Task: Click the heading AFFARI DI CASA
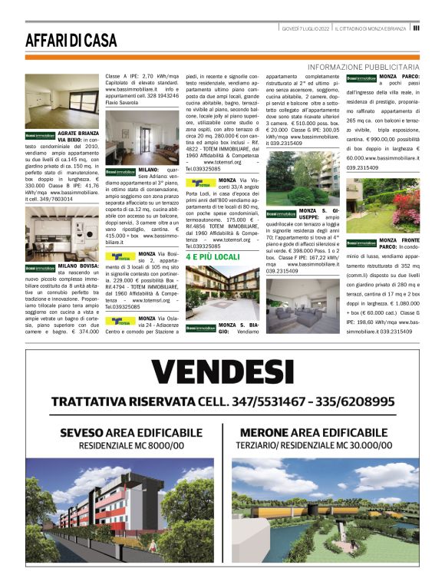pos(71,40)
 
